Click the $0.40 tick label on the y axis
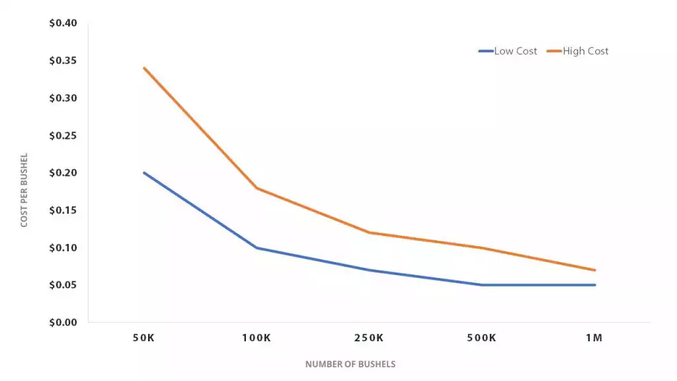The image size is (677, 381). tap(63, 23)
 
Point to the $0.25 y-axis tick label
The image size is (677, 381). tap(63, 136)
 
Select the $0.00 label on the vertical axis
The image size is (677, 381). tap(63, 323)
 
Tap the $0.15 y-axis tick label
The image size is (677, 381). tap(63, 210)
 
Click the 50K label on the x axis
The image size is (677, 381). tap(144, 338)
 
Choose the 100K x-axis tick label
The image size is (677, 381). tap(257, 338)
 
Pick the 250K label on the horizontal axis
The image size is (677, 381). tap(369, 338)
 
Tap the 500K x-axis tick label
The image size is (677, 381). tap(481, 338)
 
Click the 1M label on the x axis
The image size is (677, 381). tap(594, 338)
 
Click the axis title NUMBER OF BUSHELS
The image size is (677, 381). tap(350, 364)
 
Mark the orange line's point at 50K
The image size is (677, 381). tap(144, 68)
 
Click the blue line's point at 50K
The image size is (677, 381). tap(144, 173)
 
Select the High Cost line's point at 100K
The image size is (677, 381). tap(257, 188)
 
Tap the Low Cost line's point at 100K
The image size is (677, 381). tap(257, 248)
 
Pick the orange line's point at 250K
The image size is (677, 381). tap(369, 232)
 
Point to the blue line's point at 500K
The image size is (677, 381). tap(481, 285)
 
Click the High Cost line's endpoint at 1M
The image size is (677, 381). tap(595, 270)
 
